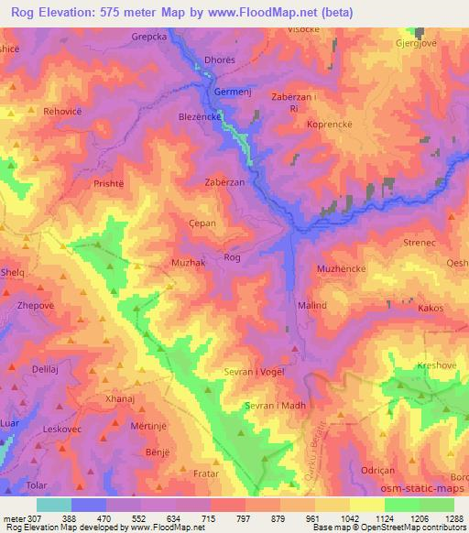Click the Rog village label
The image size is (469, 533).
click(233, 257)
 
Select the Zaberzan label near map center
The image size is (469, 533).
click(224, 182)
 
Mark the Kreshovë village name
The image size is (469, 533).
click(436, 365)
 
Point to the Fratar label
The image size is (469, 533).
click(206, 473)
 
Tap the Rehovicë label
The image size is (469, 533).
click(60, 113)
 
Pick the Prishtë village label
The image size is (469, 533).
click(108, 183)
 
